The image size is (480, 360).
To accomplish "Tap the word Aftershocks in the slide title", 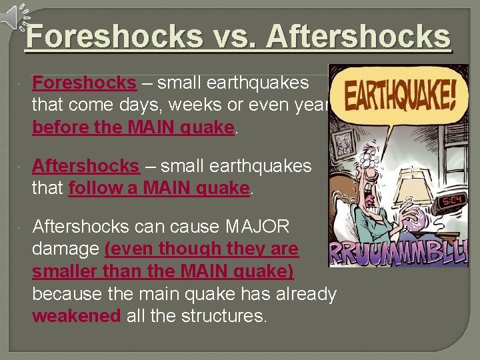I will (x=359, y=37).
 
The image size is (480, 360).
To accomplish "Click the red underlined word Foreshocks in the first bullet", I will (x=84, y=83).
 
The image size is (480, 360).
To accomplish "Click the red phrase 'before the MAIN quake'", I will (x=133, y=127).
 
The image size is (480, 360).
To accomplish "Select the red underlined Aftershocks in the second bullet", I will (x=86, y=165).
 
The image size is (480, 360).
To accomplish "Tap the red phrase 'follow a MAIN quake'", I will (x=159, y=188).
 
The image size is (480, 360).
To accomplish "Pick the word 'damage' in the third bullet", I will (x=65, y=249).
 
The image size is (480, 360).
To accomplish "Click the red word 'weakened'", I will (x=77, y=315).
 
